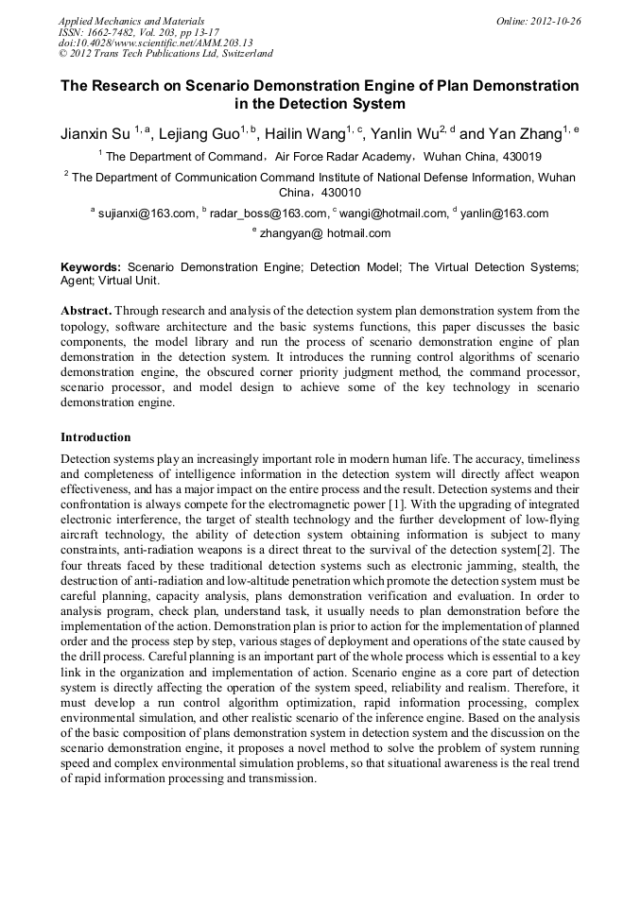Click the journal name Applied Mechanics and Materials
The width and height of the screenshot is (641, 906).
coord(131,20)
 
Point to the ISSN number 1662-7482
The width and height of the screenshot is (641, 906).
coord(119,31)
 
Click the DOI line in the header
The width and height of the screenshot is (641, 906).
coord(156,43)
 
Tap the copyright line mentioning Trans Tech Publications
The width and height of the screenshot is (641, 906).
coord(165,54)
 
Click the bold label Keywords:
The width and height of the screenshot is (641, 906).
coord(91,267)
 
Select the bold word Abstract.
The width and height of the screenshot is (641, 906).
coord(86,310)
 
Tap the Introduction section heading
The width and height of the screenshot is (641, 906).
coord(95,437)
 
